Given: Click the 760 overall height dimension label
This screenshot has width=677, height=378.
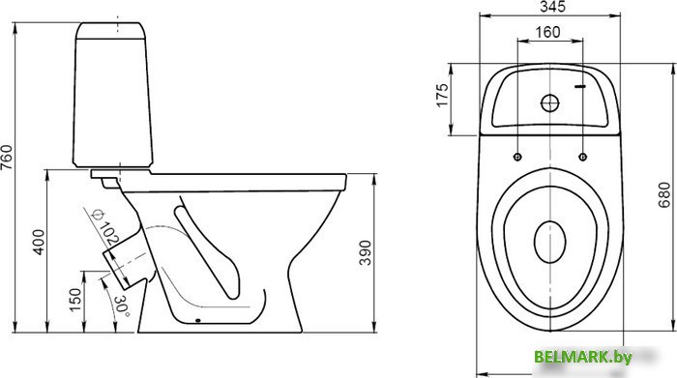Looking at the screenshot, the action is [x=7, y=157].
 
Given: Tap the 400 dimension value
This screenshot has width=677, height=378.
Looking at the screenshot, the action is [x=39, y=242].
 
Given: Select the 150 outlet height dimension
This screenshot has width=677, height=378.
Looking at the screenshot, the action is [x=75, y=300].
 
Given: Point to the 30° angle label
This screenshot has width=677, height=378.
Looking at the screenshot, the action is [x=122, y=305].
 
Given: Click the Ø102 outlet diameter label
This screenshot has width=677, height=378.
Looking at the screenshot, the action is [x=105, y=227].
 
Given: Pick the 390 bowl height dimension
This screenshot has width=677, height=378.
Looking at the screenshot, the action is [x=365, y=252].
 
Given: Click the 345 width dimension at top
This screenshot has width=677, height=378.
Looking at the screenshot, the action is [x=552, y=7].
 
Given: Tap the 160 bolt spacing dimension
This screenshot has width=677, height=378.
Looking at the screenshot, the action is [x=547, y=32].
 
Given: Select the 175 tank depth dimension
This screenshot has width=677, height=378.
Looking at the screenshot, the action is [x=443, y=95].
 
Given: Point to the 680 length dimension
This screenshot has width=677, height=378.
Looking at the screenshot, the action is [x=664, y=195].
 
